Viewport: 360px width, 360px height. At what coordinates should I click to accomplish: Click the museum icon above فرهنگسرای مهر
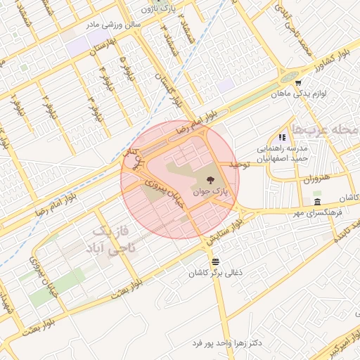[x=317, y=202]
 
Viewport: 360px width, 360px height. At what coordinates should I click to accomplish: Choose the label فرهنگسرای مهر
[x=317, y=213]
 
